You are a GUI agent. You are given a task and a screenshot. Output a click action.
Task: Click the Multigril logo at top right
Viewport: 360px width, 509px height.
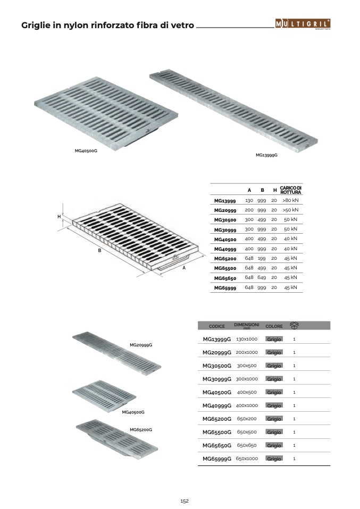point(303,24)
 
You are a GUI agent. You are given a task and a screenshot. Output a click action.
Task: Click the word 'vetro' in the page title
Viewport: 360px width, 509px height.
point(182,26)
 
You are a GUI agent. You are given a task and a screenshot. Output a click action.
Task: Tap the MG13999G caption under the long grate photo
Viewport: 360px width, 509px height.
point(267,155)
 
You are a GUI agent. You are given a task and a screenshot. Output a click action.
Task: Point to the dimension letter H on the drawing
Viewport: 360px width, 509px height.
point(59,217)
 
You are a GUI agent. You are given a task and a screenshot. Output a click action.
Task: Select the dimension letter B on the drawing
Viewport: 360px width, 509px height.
point(100,251)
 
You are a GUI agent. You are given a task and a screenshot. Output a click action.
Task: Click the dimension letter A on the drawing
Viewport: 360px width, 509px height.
point(184,268)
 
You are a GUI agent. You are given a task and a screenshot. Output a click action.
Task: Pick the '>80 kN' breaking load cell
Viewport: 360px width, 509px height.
point(290,200)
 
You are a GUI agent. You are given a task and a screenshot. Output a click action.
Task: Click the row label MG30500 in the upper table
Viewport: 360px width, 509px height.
point(225,220)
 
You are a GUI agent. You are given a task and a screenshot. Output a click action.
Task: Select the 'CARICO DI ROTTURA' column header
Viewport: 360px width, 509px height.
point(291,190)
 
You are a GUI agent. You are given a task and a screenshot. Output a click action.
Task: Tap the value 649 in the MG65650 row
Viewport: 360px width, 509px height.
point(262,277)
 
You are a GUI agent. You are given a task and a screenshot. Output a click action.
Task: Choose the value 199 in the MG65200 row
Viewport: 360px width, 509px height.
point(262,258)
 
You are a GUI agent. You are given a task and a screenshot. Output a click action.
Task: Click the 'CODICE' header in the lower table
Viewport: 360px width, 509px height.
point(217,326)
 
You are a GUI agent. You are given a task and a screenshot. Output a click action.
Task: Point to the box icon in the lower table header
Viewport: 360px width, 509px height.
point(294,325)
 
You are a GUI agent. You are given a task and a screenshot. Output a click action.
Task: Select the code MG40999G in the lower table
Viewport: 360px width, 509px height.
point(217,406)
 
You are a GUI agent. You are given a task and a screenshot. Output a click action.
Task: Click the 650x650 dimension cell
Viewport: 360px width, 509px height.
point(247,445)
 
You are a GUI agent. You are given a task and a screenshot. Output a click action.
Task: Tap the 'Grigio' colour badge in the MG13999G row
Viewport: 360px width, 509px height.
point(274,339)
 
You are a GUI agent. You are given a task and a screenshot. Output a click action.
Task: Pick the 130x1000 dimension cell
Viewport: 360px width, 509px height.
point(247,339)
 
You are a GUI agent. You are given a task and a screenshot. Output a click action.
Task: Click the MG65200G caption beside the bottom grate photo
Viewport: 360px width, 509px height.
point(141,430)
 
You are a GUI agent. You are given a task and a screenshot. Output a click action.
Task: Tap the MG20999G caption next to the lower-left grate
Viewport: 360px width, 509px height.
point(141,345)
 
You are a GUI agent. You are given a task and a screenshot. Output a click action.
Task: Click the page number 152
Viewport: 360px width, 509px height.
point(185,501)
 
